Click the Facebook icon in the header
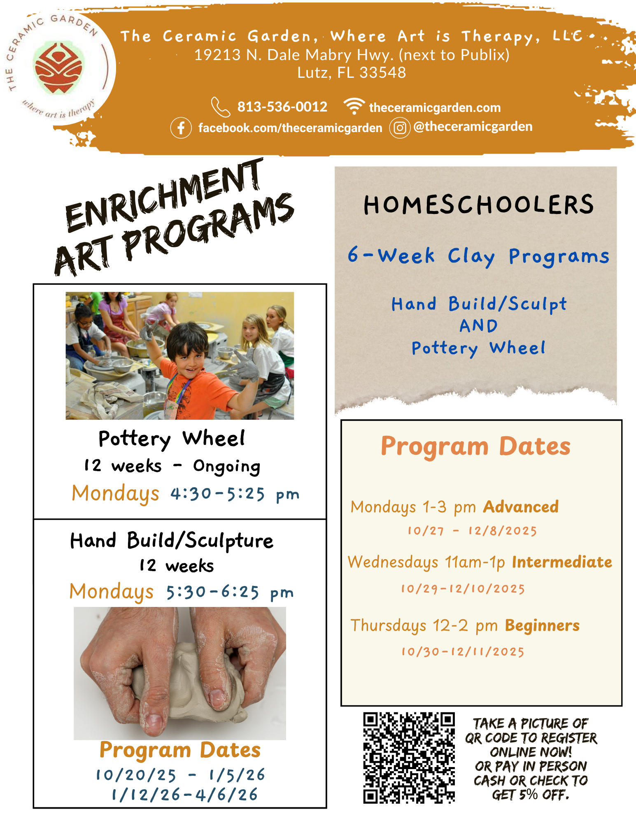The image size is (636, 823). (181, 128)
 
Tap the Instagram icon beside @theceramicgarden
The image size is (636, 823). (399, 128)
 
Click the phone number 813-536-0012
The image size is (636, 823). (282, 107)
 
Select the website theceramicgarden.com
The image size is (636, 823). (435, 108)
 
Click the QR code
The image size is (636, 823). (409, 758)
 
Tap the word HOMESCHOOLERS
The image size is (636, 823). (478, 205)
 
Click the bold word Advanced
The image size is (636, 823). (521, 507)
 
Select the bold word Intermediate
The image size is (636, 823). (562, 562)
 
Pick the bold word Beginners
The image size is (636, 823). (542, 625)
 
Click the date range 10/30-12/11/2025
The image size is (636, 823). (463, 652)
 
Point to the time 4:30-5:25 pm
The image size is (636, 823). (235, 494)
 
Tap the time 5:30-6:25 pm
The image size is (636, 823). (230, 593)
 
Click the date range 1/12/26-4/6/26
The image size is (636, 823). (185, 795)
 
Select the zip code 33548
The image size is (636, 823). (382, 73)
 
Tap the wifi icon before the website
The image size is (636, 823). (354, 106)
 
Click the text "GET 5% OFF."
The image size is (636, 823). (531, 795)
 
